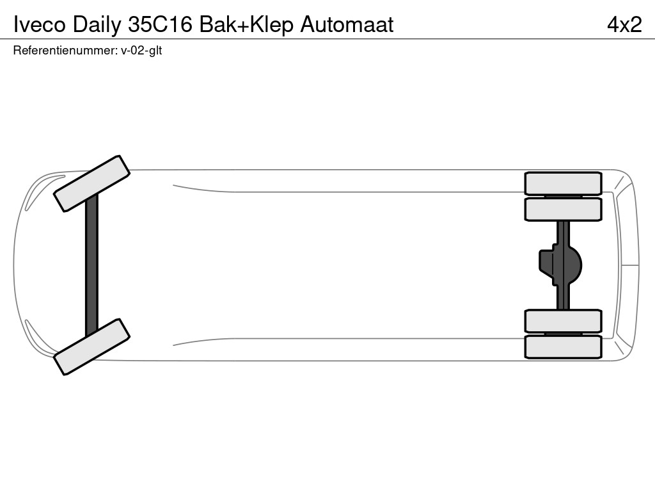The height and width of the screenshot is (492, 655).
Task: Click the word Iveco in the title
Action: coord(40,25)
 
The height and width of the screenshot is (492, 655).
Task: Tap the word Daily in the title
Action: coord(97,26)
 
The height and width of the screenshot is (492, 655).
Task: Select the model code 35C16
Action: coord(160,25)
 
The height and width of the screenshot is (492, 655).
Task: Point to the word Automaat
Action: coord(347,25)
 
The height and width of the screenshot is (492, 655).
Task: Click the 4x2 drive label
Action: coord(624,25)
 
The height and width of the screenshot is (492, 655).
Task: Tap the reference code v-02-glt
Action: coord(141,51)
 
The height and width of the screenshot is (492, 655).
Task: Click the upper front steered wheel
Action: coord(92,184)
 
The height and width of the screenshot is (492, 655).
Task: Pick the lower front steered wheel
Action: coord(92,347)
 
